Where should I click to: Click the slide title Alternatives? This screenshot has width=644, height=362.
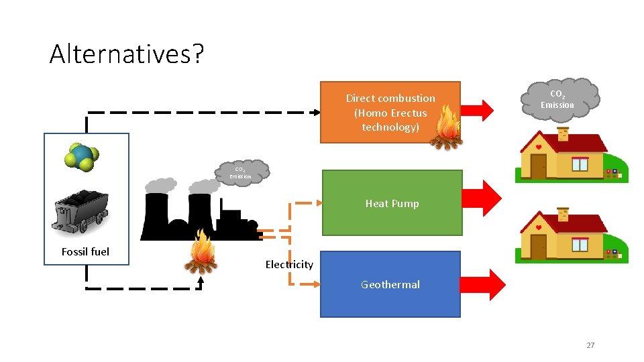[x=125, y=54]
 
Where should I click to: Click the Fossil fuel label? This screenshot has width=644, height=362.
[x=85, y=251]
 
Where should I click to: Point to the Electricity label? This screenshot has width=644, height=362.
[x=289, y=265]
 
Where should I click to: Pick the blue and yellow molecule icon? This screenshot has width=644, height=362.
[x=83, y=156]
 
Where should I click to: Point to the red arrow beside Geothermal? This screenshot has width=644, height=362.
[x=488, y=285]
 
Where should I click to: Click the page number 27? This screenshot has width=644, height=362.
[x=590, y=345]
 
